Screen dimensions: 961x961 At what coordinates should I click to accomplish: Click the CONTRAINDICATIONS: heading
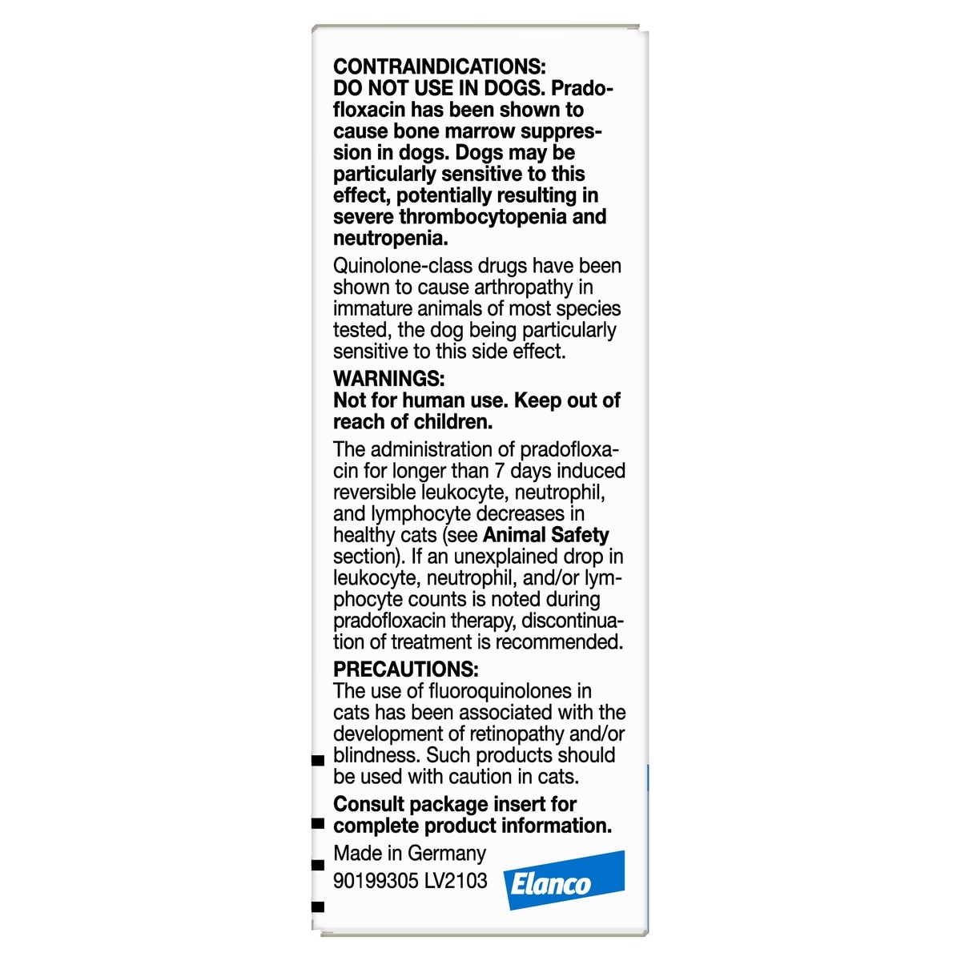[439, 67]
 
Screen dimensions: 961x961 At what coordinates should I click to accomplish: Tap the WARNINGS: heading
[388, 378]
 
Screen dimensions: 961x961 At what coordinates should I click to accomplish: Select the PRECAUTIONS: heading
[406, 669]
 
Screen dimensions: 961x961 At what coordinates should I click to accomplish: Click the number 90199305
[376, 881]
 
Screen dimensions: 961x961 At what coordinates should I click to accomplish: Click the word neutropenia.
[390, 239]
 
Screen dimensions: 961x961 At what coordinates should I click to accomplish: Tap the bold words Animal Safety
[545, 535]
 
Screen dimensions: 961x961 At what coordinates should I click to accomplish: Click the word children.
[452, 422]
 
